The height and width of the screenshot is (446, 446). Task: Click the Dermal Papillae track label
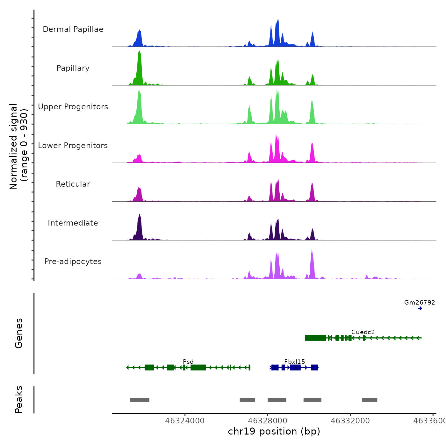[x=73, y=29]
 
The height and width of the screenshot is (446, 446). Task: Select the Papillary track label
[x=73, y=68]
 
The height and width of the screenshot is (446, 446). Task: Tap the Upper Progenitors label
[x=73, y=107]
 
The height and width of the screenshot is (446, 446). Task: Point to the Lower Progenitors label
[x=73, y=146]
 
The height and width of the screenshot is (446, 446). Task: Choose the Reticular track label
[x=73, y=184]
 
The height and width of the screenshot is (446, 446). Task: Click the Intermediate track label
[x=73, y=223]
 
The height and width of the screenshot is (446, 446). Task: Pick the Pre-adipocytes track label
[x=73, y=262]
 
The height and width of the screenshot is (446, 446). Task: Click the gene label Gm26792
[x=420, y=302]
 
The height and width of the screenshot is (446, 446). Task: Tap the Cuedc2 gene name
[x=363, y=332]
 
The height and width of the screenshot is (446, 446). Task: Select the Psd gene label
[x=188, y=362]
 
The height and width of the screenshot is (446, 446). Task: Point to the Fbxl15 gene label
[x=295, y=362]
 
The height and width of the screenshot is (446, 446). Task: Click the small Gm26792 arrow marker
[x=420, y=308]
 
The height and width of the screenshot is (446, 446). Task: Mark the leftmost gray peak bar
[x=140, y=400]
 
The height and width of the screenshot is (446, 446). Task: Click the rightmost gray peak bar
[x=370, y=400]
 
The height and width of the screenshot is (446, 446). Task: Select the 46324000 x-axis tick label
[x=185, y=421]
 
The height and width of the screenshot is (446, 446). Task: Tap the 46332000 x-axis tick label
[x=350, y=421]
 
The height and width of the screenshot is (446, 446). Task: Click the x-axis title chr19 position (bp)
[x=274, y=431]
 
